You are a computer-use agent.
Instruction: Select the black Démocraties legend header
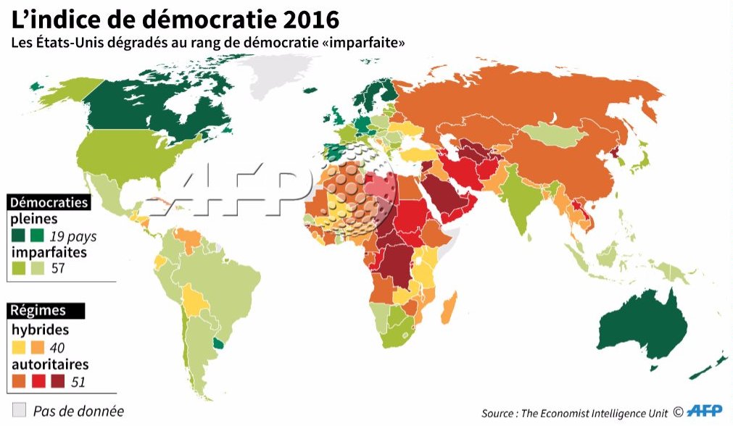point(49,202)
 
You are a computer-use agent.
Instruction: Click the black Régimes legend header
point(38,310)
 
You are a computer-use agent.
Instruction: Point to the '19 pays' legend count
point(73,236)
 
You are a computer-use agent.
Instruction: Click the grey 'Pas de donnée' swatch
point(20,409)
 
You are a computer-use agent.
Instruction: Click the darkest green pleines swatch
point(18,236)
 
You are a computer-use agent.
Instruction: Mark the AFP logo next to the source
point(705,412)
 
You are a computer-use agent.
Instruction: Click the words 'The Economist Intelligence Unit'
point(584,413)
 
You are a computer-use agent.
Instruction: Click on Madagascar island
point(448,308)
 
